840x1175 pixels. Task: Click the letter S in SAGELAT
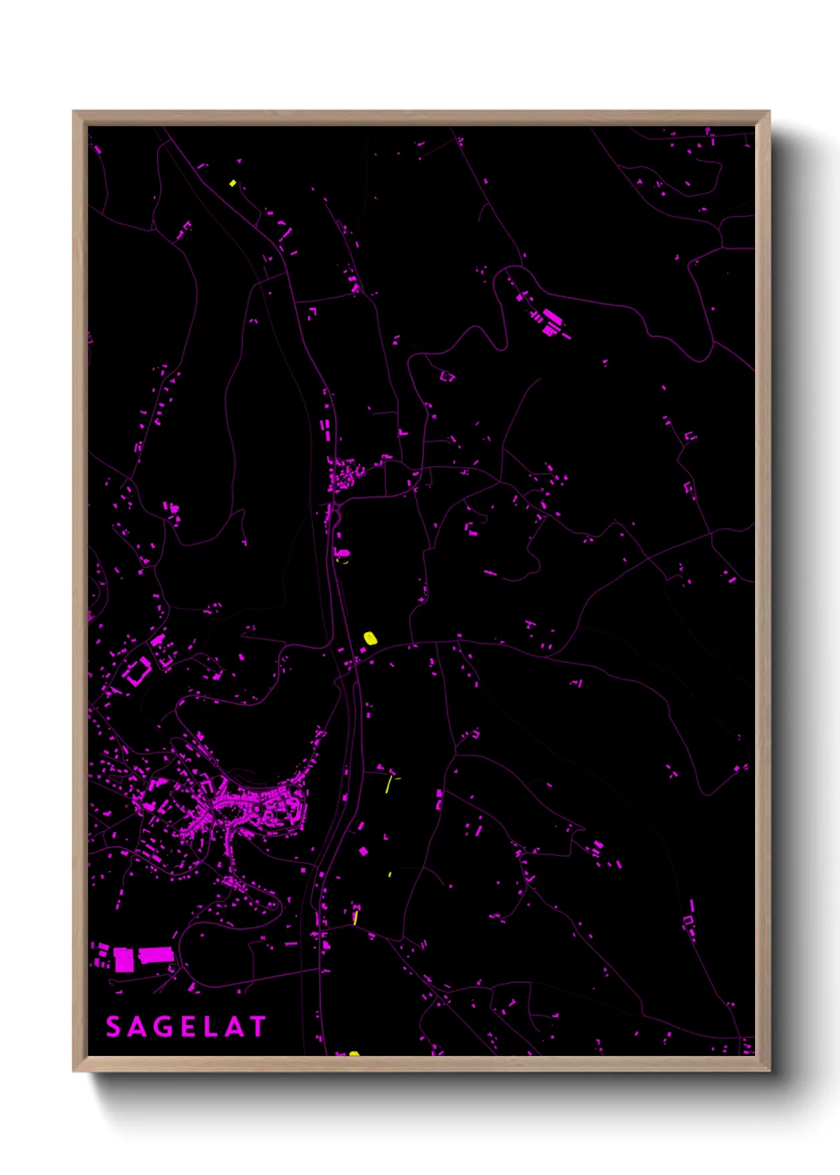(114, 1027)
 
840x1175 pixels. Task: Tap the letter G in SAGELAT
(161, 1027)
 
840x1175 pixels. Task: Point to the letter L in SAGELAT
(209, 1027)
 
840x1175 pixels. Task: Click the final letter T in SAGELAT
(257, 1027)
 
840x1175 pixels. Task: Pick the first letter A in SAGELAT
(137, 1027)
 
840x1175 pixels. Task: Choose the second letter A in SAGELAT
(233, 1027)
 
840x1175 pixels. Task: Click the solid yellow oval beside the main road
(370, 637)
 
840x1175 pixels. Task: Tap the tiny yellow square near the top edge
(233, 183)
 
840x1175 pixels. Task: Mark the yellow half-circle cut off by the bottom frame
(354, 1054)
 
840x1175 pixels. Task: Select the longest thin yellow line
(388, 784)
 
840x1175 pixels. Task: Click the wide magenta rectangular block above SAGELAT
(156, 955)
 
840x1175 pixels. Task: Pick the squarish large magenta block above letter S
(124, 959)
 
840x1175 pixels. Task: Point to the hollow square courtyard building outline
(137, 672)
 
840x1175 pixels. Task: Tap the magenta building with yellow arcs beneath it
(343, 553)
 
